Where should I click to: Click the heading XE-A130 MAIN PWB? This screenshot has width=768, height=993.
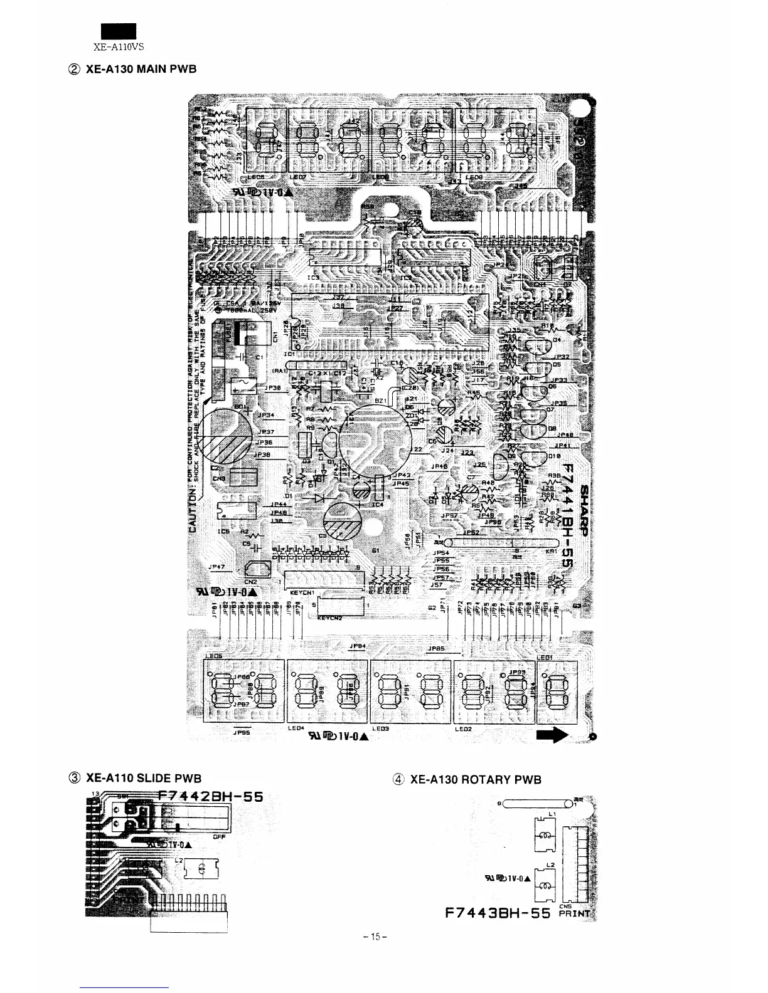pyautogui.click(x=141, y=68)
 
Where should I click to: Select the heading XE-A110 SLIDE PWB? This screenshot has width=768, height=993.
pyautogui.click(x=144, y=778)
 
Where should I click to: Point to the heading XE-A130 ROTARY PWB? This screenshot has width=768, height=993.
pyautogui.click(x=475, y=779)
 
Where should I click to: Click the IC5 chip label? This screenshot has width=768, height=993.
pyautogui.click(x=223, y=532)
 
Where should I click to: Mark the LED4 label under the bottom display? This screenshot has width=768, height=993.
pyautogui.click(x=296, y=728)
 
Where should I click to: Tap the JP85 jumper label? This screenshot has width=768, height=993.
pyautogui.click(x=436, y=648)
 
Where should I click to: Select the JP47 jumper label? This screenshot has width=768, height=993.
pyautogui.click(x=217, y=566)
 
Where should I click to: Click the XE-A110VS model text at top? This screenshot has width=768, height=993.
pyautogui.click(x=119, y=46)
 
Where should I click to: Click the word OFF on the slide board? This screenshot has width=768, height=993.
pyautogui.click(x=219, y=836)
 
